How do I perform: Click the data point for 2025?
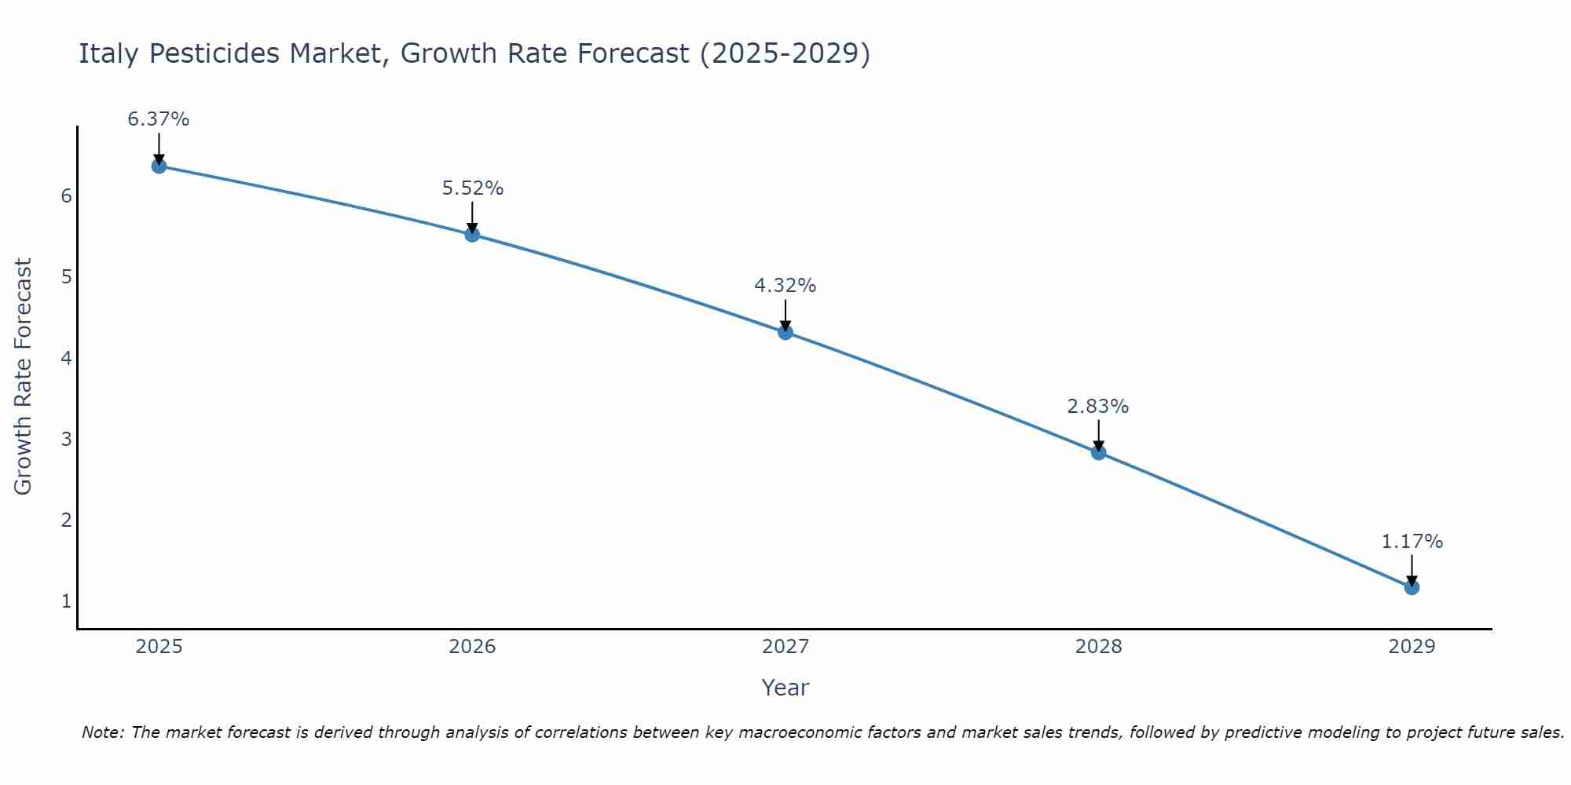click(159, 166)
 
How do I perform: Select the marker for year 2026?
click(472, 234)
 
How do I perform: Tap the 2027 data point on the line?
click(785, 332)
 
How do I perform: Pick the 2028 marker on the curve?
click(1098, 452)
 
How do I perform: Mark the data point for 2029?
click(1412, 587)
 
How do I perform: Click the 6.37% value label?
click(159, 119)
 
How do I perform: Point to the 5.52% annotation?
click(472, 188)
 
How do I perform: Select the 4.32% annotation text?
click(785, 286)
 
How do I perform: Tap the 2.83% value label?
click(1098, 407)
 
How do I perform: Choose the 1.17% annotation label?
click(1412, 542)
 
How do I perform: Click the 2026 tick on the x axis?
click(472, 647)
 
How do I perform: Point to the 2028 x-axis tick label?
click(1098, 647)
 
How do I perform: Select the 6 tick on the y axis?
click(66, 195)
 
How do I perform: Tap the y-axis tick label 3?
click(66, 439)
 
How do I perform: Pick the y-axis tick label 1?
click(66, 601)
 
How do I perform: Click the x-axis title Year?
click(785, 688)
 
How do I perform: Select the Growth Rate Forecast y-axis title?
click(24, 377)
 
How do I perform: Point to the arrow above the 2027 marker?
click(785, 314)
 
